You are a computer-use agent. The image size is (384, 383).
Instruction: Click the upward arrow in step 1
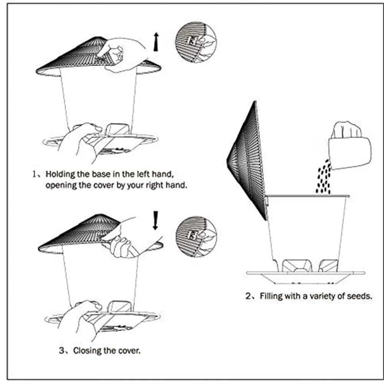[x=156, y=42]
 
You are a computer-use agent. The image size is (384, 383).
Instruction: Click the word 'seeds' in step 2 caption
[x=358, y=296]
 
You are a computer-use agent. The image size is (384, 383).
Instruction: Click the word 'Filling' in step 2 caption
[x=271, y=296]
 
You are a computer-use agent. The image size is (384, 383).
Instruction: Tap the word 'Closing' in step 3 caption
[x=86, y=350]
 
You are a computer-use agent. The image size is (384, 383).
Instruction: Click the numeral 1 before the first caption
[x=34, y=174]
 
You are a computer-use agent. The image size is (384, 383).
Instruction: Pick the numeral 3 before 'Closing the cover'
[x=61, y=350]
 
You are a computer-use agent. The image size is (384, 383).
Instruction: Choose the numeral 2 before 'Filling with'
[x=248, y=296]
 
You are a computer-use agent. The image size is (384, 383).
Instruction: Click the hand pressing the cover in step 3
[x=127, y=238]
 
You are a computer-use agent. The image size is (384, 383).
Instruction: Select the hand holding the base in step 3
[x=79, y=319]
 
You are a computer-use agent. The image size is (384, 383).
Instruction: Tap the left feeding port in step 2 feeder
[x=293, y=265]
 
